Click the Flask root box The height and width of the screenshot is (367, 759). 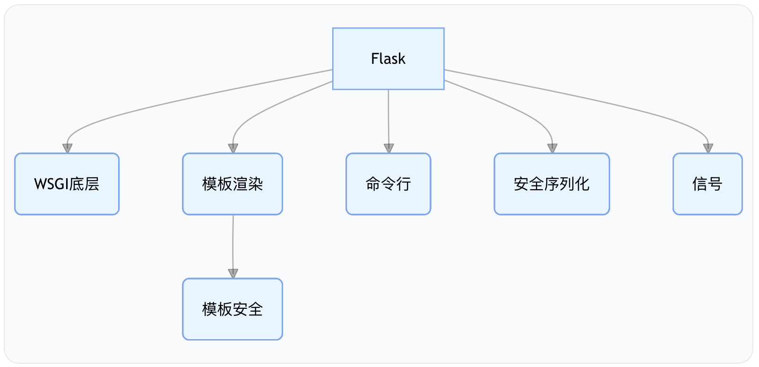click(388, 58)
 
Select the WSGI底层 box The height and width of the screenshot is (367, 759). click(67, 183)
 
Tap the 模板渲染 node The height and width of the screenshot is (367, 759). click(232, 183)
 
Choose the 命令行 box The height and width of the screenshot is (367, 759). click(388, 183)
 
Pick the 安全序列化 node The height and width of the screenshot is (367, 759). click(552, 183)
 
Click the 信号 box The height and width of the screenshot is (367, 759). click(707, 183)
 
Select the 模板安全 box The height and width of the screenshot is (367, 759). click(232, 309)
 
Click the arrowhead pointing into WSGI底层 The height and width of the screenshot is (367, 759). click(68, 148)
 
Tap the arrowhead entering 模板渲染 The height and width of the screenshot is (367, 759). click(233, 148)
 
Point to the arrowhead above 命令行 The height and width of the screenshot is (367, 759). click(389, 148)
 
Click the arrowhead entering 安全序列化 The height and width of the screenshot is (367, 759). click(552, 148)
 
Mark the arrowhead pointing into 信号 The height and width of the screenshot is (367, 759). click(708, 148)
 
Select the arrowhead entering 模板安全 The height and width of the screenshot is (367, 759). click(233, 273)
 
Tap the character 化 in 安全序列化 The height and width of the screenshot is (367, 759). click(582, 184)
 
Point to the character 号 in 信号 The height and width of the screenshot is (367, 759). click(715, 184)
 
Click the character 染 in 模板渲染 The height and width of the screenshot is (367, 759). click(255, 184)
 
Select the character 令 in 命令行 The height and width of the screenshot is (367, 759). click(388, 184)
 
